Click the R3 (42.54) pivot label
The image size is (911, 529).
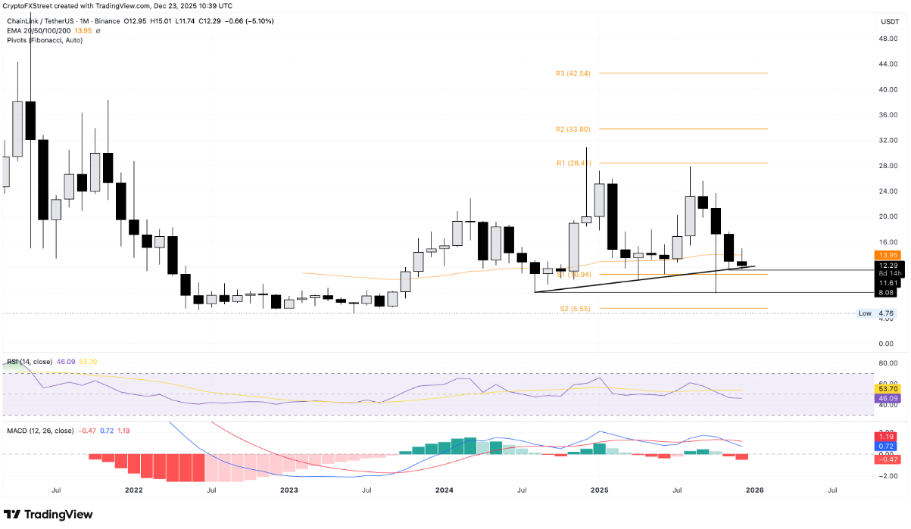572,73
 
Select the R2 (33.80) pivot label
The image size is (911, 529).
572,129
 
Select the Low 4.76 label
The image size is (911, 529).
877,313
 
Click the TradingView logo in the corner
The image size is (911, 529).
48,515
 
